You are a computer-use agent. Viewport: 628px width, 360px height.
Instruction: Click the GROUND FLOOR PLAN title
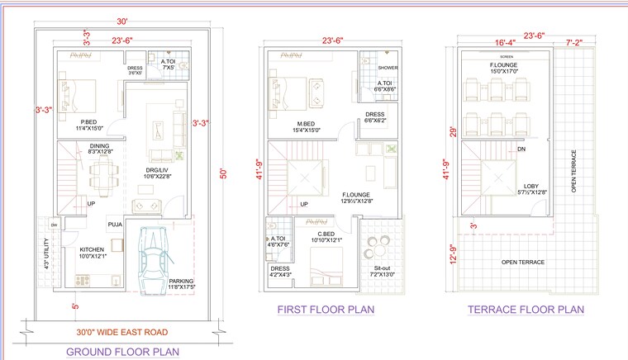(x=122, y=352)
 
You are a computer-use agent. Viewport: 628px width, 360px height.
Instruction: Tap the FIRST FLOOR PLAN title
(x=325, y=310)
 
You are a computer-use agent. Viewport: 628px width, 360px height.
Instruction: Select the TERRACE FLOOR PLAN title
(x=526, y=310)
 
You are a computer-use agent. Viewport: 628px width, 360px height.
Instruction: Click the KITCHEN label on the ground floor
(x=92, y=249)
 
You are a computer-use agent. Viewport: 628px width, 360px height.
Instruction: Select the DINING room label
(x=99, y=146)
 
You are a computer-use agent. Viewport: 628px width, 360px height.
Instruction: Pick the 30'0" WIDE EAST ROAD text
(x=122, y=332)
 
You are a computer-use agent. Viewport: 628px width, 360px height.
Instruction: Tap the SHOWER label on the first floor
(x=387, y=68)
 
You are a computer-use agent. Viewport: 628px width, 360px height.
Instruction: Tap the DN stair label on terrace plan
(x=521, y=149)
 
